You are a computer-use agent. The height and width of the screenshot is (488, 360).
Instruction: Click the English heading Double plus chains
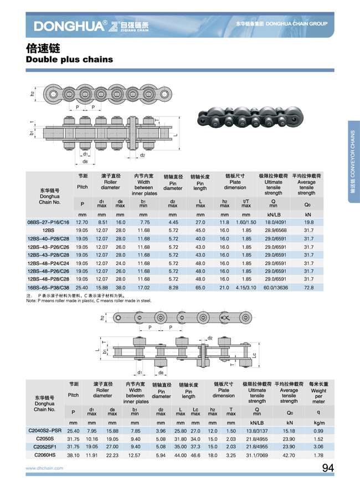(69, 59)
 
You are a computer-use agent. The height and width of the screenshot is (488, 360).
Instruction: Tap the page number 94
(328, 468)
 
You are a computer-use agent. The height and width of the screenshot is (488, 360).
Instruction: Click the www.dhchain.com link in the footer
(44, 468)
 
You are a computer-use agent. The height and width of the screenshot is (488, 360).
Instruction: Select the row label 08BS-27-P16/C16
(48, 222)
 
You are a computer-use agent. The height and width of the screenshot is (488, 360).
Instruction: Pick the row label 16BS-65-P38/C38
(48, 288)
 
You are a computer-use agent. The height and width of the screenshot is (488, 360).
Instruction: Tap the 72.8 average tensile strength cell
(308, 288)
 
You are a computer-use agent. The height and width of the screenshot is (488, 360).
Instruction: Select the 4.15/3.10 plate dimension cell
(246, 288)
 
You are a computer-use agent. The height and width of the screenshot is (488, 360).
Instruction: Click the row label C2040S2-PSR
(45, 430)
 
